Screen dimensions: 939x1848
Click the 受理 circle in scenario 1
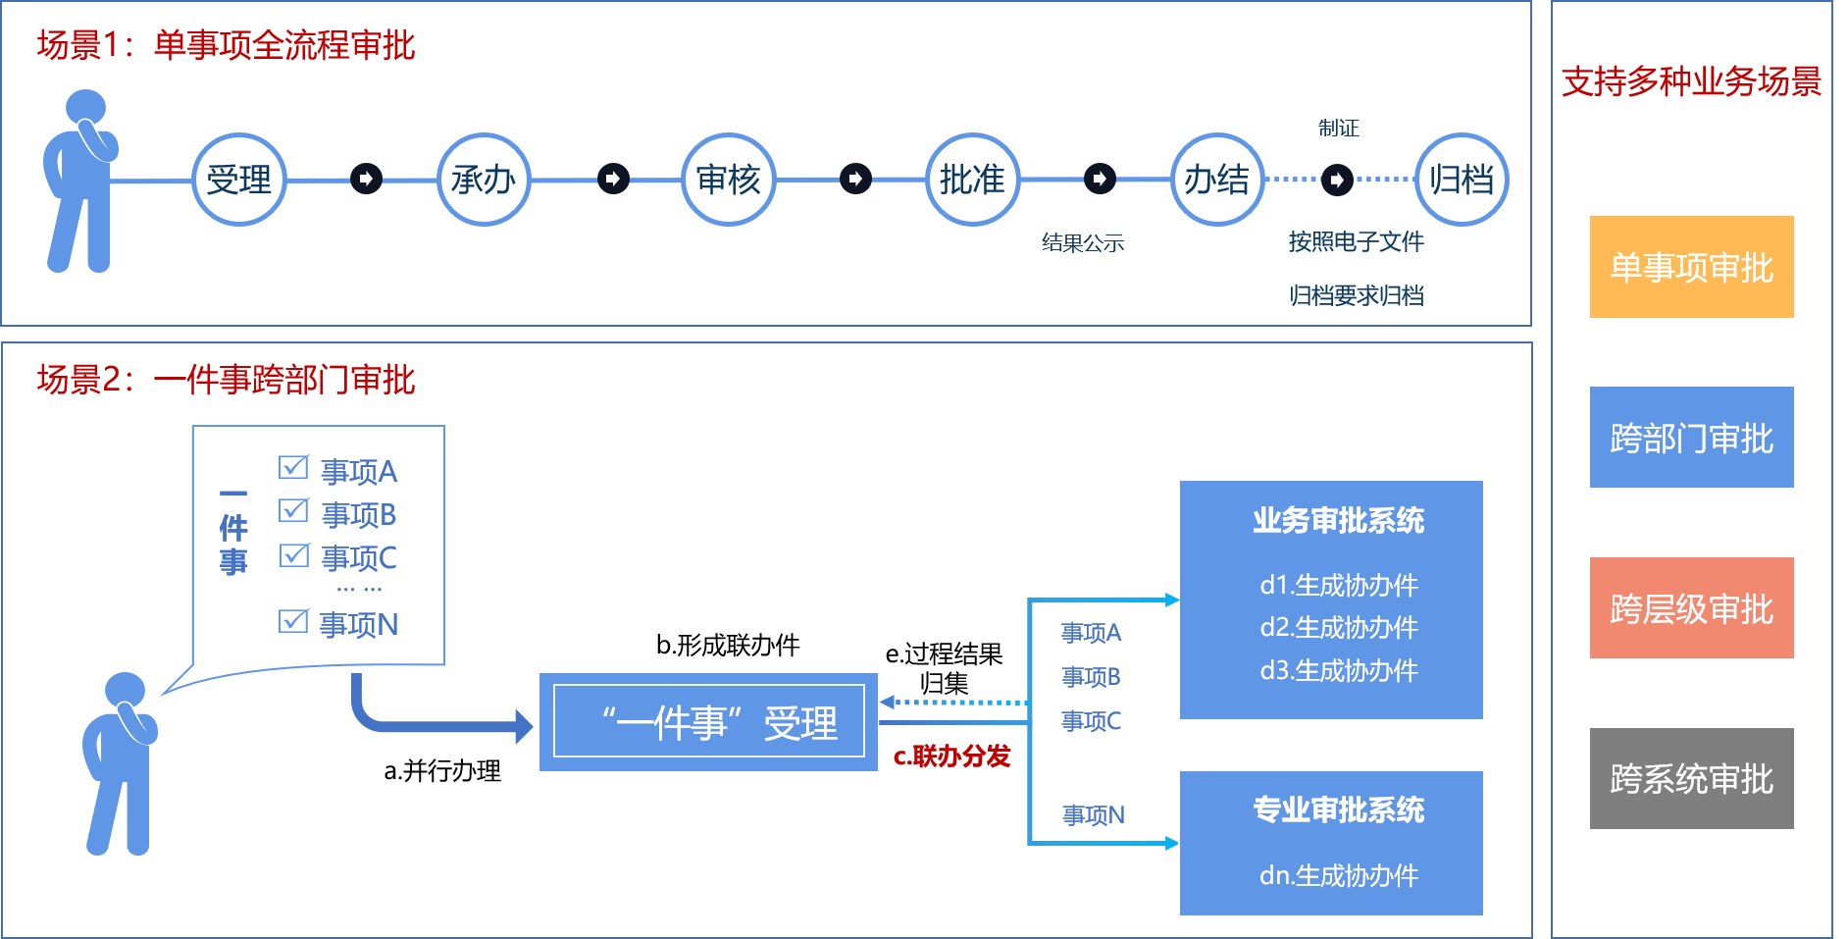click(238, 180)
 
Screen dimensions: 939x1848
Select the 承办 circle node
click(484, 180)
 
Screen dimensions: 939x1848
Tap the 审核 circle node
click(728, 180)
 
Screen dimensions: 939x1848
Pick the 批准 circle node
click(972, 180)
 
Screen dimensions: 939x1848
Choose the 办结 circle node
click(1216, 180)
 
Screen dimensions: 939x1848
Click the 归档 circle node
click(1462, 180)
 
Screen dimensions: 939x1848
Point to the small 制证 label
click(1338, 129)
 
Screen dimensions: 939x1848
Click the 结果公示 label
click(1082, 243)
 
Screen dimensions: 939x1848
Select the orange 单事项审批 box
click(1691, 267)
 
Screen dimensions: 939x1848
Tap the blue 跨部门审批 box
click(1691, 438)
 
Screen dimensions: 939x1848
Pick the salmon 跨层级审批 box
click(1691, 608)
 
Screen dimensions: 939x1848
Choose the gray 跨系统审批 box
click(1691, 779)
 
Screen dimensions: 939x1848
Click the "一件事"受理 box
click(708, 722)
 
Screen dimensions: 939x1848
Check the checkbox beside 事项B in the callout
click(293, 510)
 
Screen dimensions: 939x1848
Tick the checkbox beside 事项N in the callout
click(293, 621)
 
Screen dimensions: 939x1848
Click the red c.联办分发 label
click(951, 756)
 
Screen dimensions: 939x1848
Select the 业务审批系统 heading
click(1338, 520)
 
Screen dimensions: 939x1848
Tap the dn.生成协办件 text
click(1338, 875)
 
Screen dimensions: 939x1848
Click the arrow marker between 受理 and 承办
click(366, 180)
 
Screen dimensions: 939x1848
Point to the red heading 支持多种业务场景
click(1691, 81)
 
